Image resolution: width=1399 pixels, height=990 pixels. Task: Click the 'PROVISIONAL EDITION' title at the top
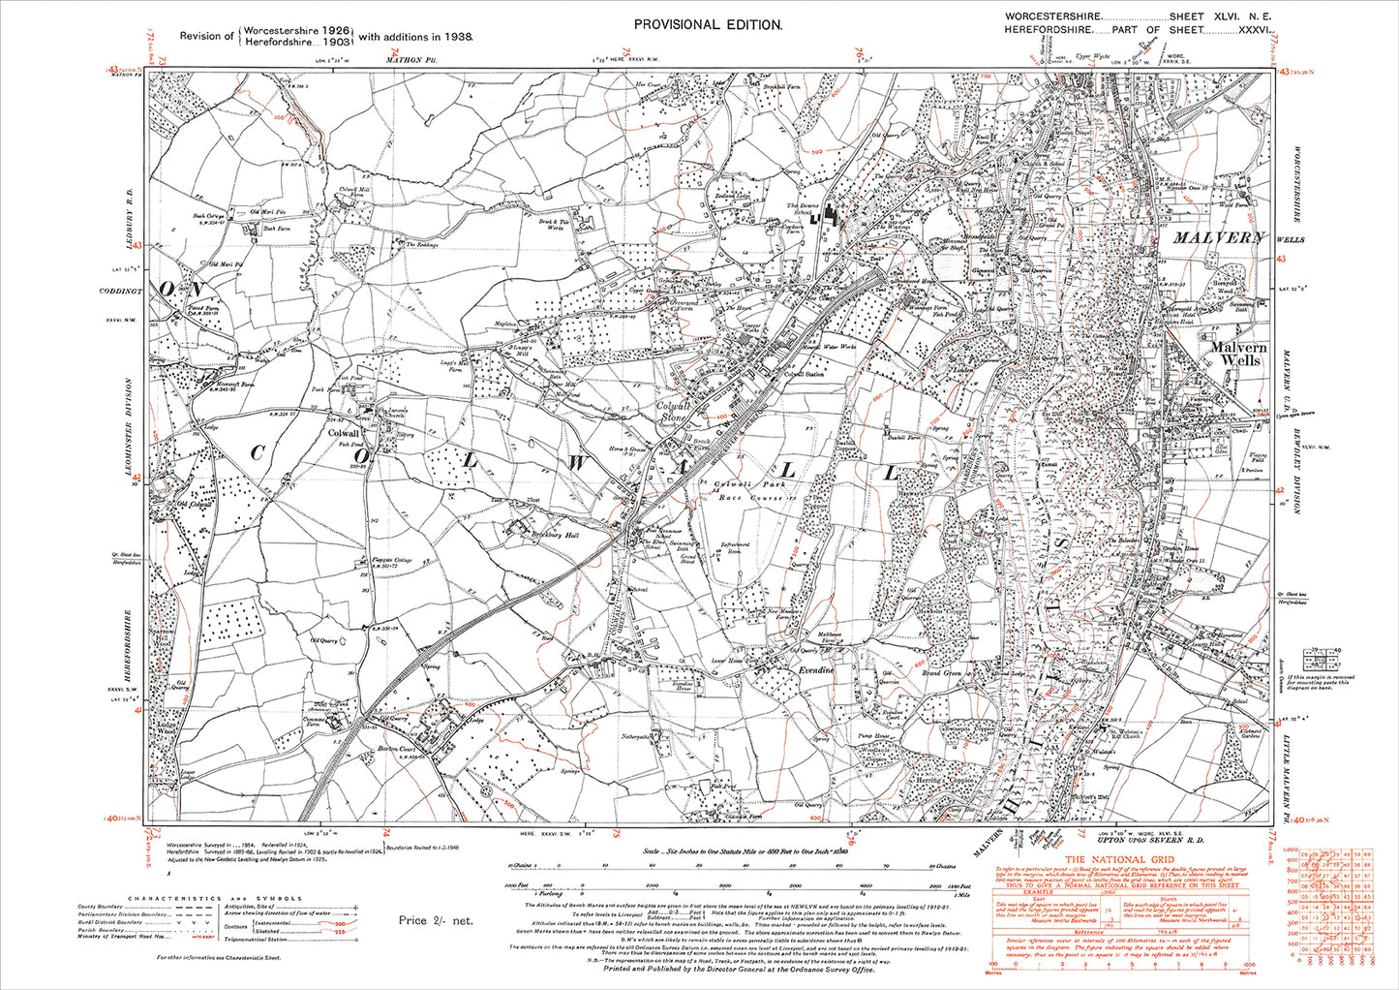[707, 25]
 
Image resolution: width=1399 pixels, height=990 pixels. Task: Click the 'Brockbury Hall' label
[548, 533]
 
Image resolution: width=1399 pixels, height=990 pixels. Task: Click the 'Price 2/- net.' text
[435, 920]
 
